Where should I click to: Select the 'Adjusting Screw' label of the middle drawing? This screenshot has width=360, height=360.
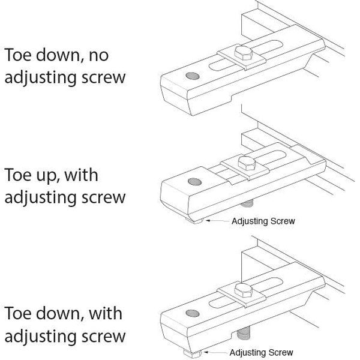[x=263, y=221]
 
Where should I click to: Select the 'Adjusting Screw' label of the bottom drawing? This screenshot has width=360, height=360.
[x=262, y=352]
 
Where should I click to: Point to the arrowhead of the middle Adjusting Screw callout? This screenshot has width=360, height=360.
[x=207, y=221]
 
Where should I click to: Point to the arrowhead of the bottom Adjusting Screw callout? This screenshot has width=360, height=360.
[x=205, y=352]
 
